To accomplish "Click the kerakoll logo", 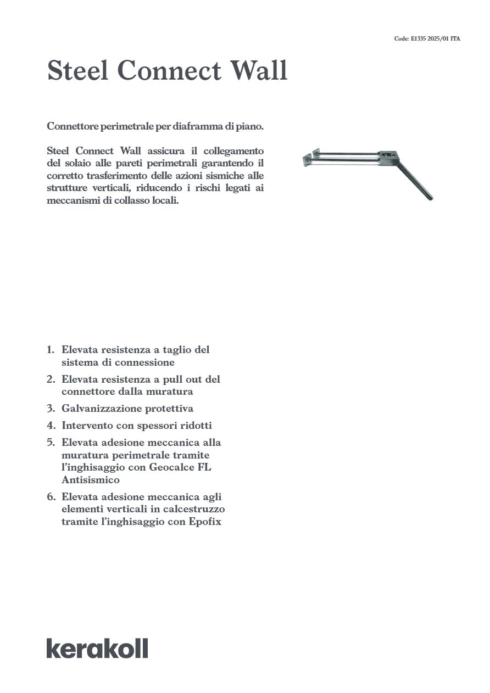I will point(97,648).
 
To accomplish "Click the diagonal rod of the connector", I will point(415,181).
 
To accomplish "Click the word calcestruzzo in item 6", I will point(194,510).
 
